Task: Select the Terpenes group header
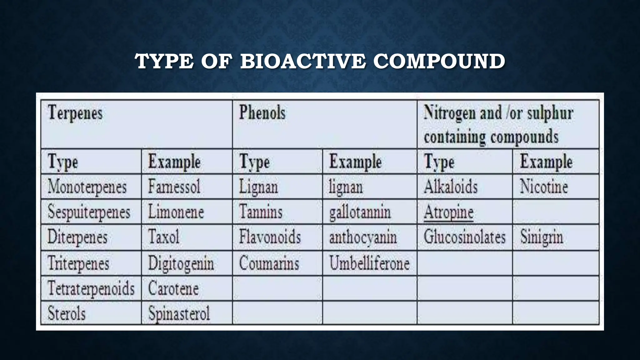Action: coord(75,113)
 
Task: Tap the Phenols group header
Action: coord(262,113)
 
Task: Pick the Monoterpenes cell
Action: coord(87,187)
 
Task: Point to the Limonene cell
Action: coord(176,212)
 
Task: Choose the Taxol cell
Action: coord(164,237)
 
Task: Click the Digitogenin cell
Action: coord(181,263)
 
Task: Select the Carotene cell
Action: coord(173,288)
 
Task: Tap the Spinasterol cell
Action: coord(179,313)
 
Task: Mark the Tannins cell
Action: coord(261,212)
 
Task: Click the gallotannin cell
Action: coord(360,212)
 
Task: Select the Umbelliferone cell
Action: coord(369,263)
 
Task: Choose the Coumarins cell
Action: coord(269,263)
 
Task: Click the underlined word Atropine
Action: coord(448,212)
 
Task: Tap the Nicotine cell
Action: coord(544,187)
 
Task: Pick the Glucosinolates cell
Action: coord(464,237)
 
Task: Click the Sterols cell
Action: coord(67,313)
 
